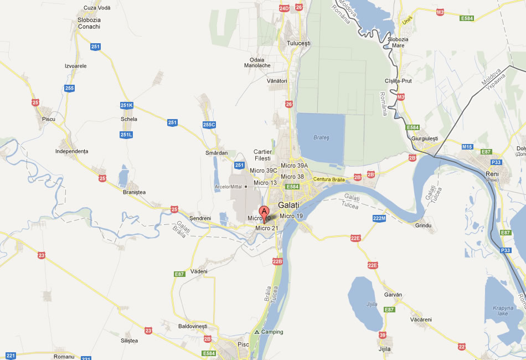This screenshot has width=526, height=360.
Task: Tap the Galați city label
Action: click(288, 205)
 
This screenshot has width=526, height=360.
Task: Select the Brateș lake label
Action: click(321, 137)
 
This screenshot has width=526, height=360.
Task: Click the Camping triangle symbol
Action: click(256, 332)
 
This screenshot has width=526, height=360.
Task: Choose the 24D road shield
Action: click(284, 8)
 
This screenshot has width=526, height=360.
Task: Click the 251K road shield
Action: click(126, 105)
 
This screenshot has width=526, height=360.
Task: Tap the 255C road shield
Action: click(209, 125)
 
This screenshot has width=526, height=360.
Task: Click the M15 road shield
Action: click(467, 147)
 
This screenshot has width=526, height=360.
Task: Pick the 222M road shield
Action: click(379, 218)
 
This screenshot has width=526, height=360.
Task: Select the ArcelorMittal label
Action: click(229, 187)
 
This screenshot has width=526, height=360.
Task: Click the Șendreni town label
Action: click(200, 218)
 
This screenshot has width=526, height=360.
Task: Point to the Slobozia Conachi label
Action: click(89, 23)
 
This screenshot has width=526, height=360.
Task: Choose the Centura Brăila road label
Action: click(329, 179)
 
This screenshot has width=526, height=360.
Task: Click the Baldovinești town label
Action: click(193, 326)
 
